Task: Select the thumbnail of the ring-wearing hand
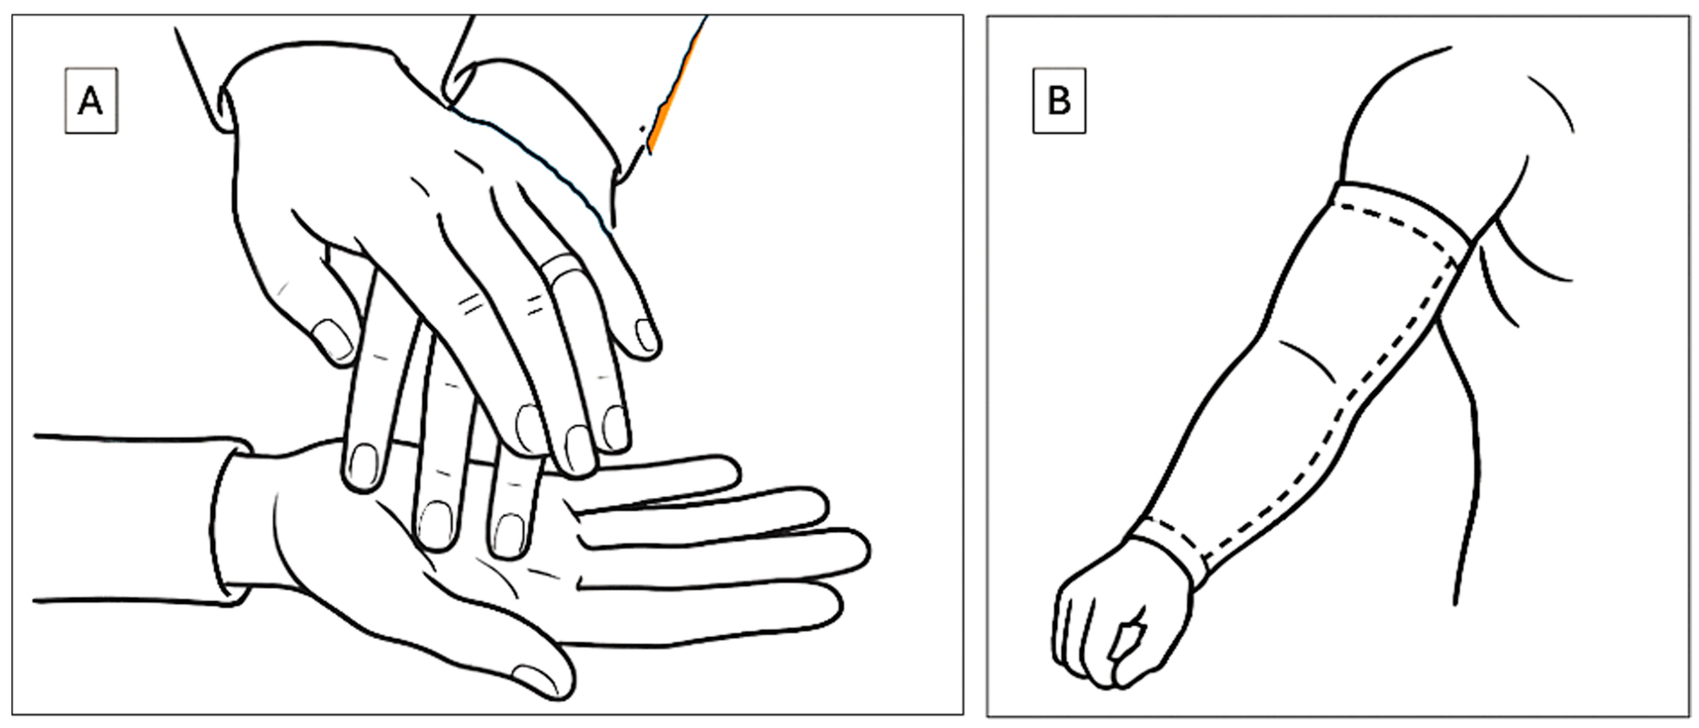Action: tap(333, 340)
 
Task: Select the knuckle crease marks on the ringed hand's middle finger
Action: tap(469, 303)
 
